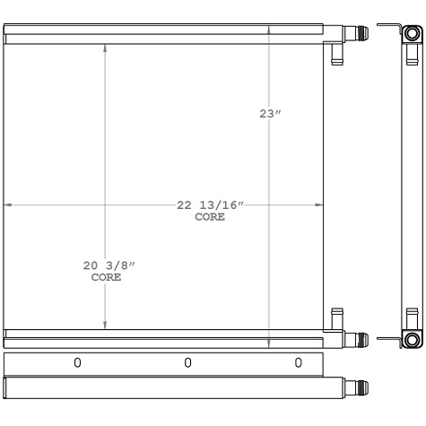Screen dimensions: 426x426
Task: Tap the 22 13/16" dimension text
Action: coord(209,205)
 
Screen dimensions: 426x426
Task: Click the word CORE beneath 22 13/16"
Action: coord(209,217)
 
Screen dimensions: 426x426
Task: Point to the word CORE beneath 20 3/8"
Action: coord(107,278)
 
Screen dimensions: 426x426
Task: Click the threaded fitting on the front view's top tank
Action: coord(359,37)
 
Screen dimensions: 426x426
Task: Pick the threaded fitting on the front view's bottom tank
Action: coord(359,339)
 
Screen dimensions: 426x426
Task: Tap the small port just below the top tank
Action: coord(336,55)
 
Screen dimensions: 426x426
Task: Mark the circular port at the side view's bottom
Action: coord(411,339)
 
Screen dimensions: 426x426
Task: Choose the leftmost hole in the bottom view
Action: coord(77,363)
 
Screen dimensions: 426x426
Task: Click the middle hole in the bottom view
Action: coord(187,363)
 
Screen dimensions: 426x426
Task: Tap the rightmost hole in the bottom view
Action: coord(298,363)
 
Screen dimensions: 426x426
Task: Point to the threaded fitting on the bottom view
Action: coord(359,388)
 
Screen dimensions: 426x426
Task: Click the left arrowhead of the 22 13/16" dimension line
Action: coord(8,205)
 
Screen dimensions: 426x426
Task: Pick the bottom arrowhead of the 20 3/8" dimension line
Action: coord(106,327)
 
